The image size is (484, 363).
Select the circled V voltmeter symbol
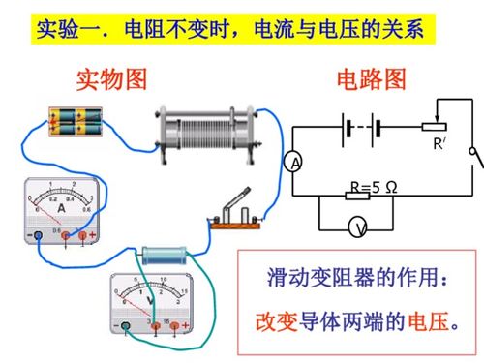pos(358,227)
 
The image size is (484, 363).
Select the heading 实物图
pos(110,80)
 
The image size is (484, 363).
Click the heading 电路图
pos(370,80)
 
